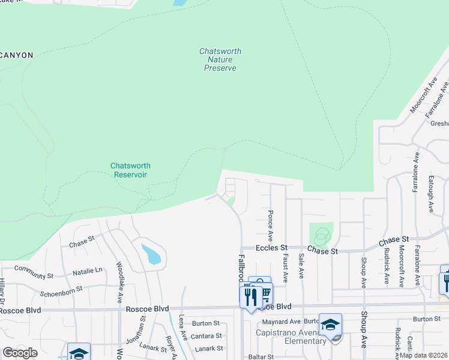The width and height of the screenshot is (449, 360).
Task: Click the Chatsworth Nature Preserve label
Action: (220, 60)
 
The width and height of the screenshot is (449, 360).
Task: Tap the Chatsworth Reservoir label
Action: (130, 170)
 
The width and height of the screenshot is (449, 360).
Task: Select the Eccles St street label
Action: (273, 247)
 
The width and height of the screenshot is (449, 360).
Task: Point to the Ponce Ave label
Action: (271, 222)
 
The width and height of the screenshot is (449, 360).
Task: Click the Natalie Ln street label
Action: (88, 272)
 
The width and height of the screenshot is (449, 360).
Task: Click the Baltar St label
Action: (261, 356)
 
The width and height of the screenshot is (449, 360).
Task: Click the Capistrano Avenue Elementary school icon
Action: (330, 325)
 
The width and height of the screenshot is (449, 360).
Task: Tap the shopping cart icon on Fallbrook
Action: (264, 293)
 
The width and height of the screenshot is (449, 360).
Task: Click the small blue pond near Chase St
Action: (151, 253)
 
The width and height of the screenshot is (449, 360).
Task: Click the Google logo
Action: (20, 353)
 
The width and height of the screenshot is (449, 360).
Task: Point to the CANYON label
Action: (16, 55)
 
